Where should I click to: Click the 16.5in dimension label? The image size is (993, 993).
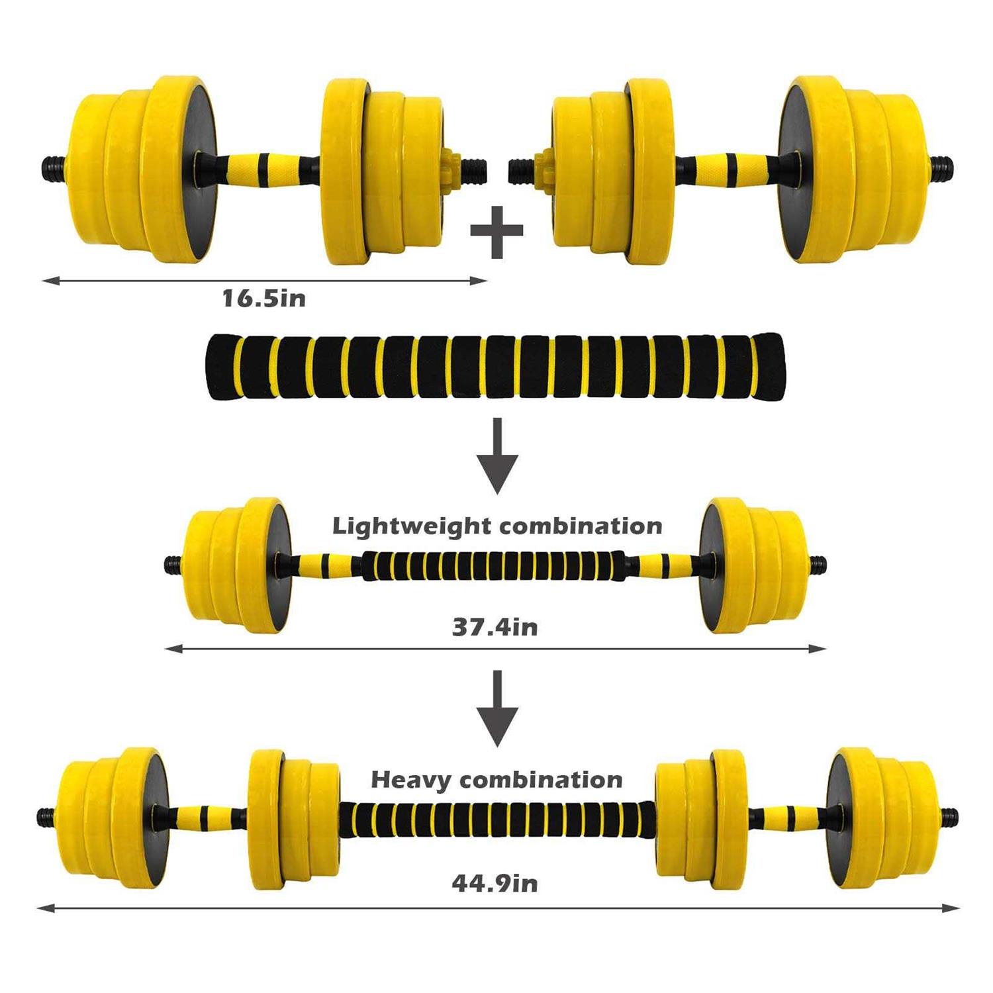pyautogui.click(x=264, y=298)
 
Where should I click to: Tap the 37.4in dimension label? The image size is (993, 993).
pyautogui.click(x=495, y=626)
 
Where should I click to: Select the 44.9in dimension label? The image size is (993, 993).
pyautogui.click(x=495, y=882)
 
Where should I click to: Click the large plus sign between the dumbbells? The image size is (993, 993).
pyautogui.click(x=497, y=231)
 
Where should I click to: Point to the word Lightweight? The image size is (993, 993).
pyautogui.click(x=412, y=526)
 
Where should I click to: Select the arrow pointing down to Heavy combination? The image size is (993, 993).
pyautogui.click(x=498, y=708)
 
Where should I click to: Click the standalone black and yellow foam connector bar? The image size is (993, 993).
pyautogui.click(x=495, y=367)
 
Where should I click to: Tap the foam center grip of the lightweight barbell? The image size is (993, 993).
pyautogui.click(x=493, y=565)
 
